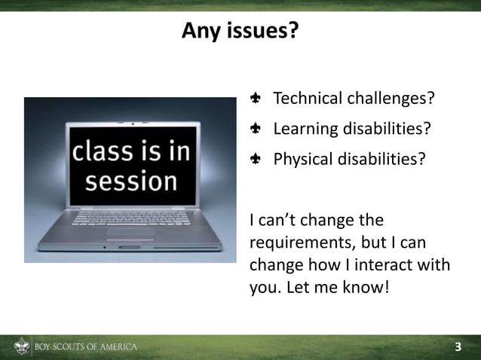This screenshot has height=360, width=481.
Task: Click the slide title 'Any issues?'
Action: [240, 31]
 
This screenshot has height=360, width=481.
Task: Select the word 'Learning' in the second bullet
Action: [305, 129]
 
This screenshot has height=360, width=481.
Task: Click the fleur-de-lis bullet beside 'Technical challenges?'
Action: [256, 99]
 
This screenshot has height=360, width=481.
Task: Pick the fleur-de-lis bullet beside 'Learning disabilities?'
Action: [256, 129]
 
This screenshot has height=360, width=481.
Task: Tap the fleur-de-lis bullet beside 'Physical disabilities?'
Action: [256, 160]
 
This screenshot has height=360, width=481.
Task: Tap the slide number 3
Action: [458, 347]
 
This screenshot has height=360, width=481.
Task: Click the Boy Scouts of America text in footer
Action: [86, 347]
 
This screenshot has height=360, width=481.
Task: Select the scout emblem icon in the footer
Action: [21, 347]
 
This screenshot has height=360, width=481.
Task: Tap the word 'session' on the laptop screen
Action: [131, 182]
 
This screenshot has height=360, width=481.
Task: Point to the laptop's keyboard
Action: [132, 218]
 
